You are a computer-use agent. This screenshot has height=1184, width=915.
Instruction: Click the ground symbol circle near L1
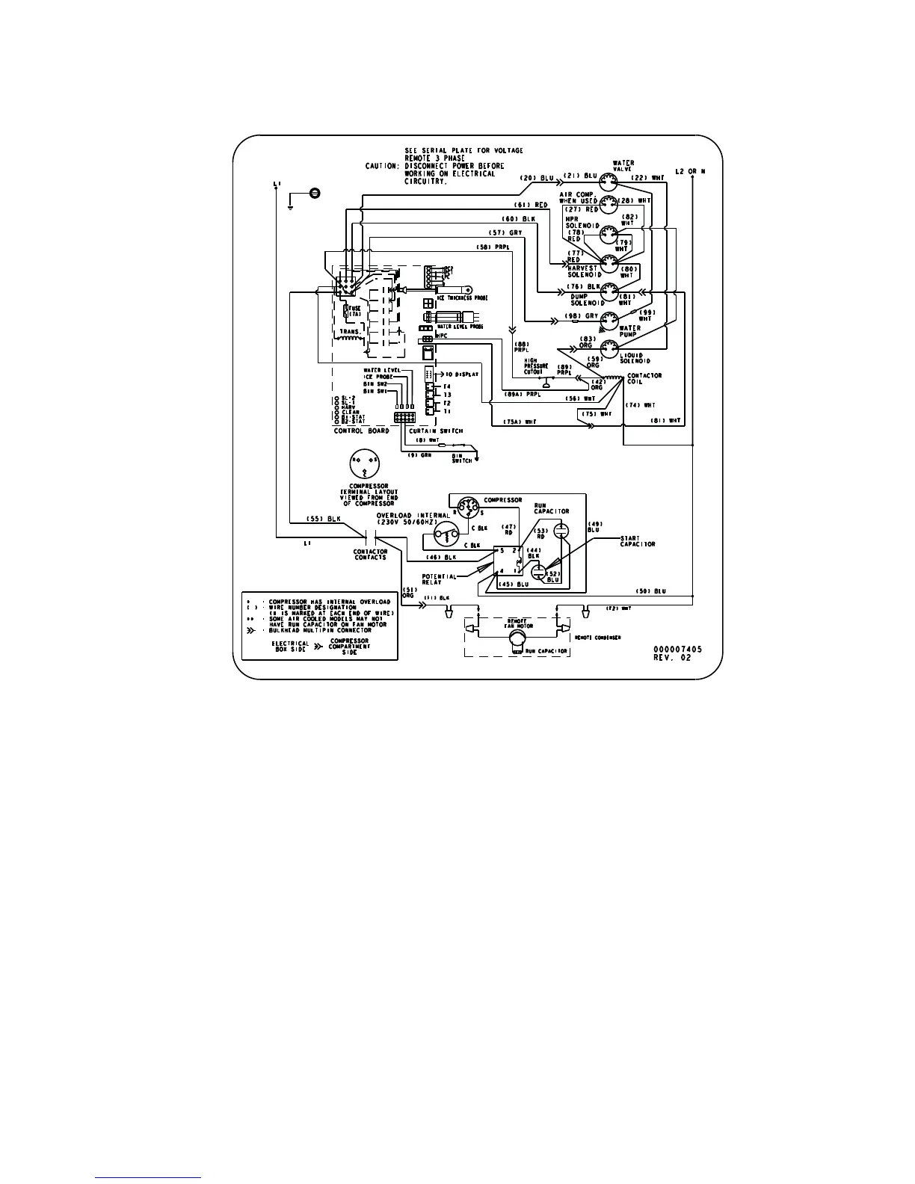[x=315, y=194]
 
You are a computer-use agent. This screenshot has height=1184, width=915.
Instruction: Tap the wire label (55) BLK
[x=324, y=519]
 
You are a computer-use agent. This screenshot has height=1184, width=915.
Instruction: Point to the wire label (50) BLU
[x=650, y=591]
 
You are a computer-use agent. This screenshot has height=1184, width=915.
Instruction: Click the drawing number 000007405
[x=677, y=649]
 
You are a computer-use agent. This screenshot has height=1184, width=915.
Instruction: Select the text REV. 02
[x=674, y=658]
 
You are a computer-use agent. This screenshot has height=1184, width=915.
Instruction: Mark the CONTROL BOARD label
[x=361, y=431]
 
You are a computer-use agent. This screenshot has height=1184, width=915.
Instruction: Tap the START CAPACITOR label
[x=638, y=541]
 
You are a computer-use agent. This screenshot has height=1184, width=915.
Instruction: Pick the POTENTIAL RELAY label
[x=440, y=579]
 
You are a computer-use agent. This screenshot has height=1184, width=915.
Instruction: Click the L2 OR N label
[x=690, y=172]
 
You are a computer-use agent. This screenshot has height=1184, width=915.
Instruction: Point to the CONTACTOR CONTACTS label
[x=371, y=555]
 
